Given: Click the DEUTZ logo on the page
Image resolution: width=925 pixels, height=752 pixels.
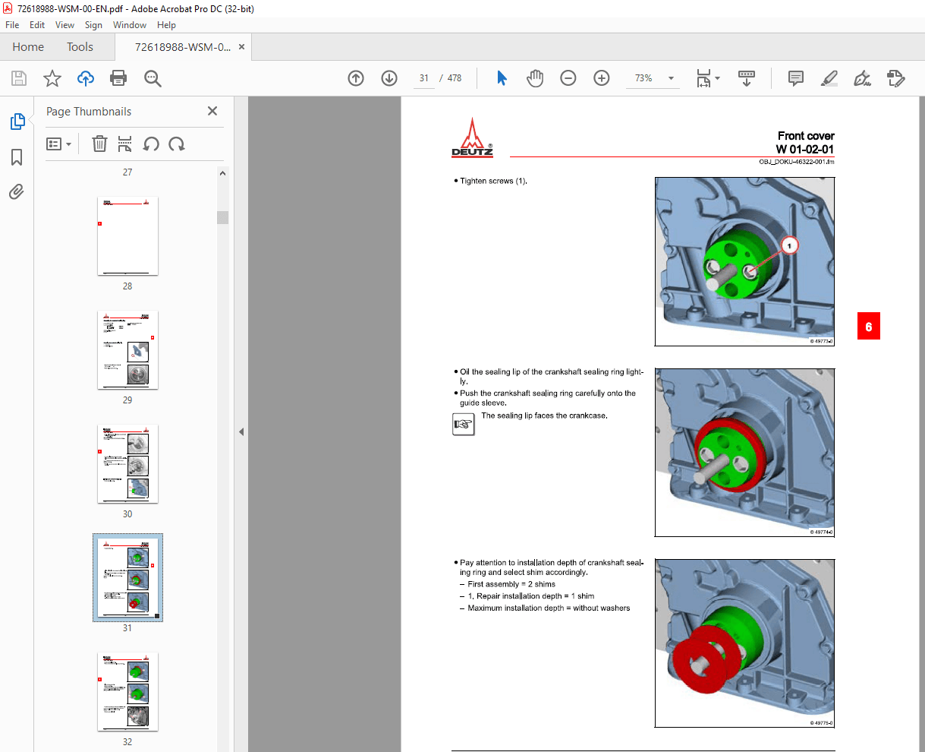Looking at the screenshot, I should pyautogui.click(x=472, y=138).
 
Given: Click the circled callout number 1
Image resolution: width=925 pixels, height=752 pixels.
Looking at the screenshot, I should pyautogui.click(x=789, y=245).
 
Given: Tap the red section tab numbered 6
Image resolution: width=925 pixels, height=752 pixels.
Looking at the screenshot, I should pyautogui.click(x=868, y=327).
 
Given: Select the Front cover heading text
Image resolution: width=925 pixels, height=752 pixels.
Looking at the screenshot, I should pyautogui.click(x=805, y=136).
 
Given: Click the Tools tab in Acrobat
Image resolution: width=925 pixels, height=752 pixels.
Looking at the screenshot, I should pyautogui.click(x=80, y=47).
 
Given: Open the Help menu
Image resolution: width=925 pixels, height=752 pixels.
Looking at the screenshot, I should pyautogui.click(x=166, y=25).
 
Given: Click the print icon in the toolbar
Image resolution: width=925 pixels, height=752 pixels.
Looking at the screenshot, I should pyautogui.click(x=118, y=78).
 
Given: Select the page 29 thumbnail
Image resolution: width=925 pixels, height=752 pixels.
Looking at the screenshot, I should pyautogui.click(x=127, y=350).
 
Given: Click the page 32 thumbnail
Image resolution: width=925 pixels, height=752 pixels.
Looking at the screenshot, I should pyautogui.click(x=127, y=692).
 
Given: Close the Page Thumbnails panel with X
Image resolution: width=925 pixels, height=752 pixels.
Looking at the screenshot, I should pyautogui.click(x=212, y=111).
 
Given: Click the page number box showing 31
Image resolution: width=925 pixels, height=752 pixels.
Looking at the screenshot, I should pyautogui.click(x=423, y=78).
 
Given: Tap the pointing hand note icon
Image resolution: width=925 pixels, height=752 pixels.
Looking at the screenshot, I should pyautogui.click(x=463, y=425).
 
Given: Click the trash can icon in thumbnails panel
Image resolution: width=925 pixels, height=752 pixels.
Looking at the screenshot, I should pyautogui.click(x=99, y=144).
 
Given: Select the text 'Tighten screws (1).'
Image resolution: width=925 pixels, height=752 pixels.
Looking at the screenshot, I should pyautogui.click(x=493, y=181).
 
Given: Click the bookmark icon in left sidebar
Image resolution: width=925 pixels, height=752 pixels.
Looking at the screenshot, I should pyautogui.click(x=17, y=157).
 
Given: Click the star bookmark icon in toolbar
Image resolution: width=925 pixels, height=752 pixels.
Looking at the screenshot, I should pyautogui.click(x=52, y=78).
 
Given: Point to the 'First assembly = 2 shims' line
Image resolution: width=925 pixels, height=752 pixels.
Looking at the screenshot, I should pyautogui.click(x=511, y=584).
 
